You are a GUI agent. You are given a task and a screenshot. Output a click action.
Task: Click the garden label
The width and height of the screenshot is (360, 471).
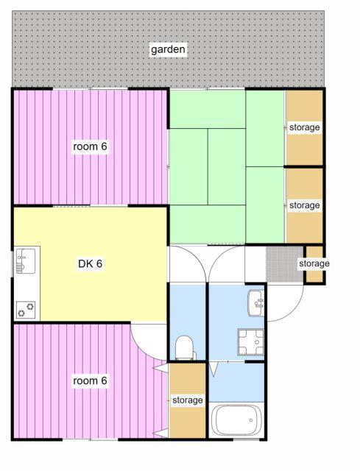[x=168, y=49]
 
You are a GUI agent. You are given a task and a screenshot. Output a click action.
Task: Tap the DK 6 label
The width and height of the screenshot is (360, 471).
[x=90, y=263]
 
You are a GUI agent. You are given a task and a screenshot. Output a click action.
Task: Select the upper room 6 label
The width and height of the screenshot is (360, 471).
[x=90, y=146]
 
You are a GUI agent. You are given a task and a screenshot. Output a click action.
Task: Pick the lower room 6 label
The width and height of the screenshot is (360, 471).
[x=90, y=380]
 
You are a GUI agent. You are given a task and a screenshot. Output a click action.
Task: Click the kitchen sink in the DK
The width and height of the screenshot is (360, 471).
[x=26, y=261]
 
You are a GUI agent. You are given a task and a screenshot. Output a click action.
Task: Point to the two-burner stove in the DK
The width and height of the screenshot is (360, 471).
[x=26, y=310]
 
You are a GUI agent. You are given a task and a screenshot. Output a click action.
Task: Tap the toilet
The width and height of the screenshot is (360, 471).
[x=185, y=348]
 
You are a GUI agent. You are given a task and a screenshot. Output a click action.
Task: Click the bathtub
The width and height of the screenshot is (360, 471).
[x=236, y=420]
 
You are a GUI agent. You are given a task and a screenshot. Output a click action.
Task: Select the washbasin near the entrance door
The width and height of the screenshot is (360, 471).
[x=256, y=302]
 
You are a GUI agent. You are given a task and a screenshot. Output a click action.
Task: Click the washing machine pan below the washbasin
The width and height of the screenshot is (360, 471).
[x=250, y=341]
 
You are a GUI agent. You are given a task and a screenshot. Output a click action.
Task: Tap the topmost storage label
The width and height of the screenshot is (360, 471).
[x=304, y=127]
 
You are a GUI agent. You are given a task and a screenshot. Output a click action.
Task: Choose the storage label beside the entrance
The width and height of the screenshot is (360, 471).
[x=314, y=263]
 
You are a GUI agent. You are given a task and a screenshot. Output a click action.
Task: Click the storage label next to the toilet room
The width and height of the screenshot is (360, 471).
[x=187, y=400]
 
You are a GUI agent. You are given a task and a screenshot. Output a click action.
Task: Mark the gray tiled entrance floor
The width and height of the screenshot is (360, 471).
[x=285, y=264]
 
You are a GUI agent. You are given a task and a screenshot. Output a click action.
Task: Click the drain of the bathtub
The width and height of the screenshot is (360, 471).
[x=250, y=420]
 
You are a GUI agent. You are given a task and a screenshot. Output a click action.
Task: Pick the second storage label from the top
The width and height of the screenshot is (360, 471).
[x=304, y=205]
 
